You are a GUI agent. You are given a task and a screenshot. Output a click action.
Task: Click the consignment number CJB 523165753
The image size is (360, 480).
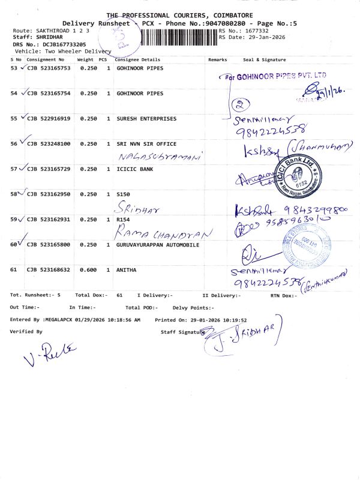(x=49, y=68)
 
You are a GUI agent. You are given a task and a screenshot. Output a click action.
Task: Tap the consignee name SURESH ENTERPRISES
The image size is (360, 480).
(x=146, y=119)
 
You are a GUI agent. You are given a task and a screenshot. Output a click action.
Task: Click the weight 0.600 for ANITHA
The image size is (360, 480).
(x=88, y=270)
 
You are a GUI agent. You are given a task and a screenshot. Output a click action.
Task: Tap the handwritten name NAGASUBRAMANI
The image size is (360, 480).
(x=160, y=155)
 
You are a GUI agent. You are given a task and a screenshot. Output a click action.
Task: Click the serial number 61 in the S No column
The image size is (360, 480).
(x=15, y=270)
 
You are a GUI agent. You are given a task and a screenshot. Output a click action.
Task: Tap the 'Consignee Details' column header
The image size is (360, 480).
(x=137, y=60)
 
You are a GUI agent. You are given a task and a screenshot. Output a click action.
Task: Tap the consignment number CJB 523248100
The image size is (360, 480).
(x=49, y=144)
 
